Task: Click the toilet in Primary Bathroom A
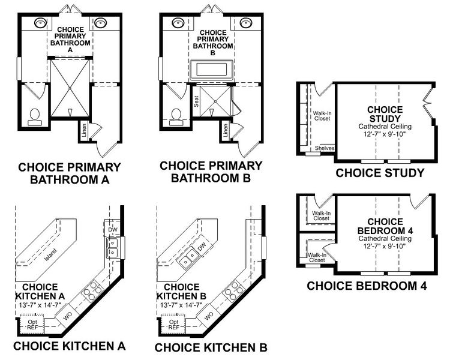click(x=34, y=115)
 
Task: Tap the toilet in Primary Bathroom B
click(x=176, y=115)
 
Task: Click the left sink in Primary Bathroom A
click(x=40, y=24)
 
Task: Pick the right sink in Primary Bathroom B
click(x=245, y=23)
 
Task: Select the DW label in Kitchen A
click(x=112, y=229)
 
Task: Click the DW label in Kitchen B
click(x=202, y=246)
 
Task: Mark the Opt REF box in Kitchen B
click(x=173, y=325)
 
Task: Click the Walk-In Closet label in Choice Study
click(x=322, y=115)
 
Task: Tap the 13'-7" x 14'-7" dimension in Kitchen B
click(x=183, y=305)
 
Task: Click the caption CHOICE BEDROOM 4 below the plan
click(x=367, y=286)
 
